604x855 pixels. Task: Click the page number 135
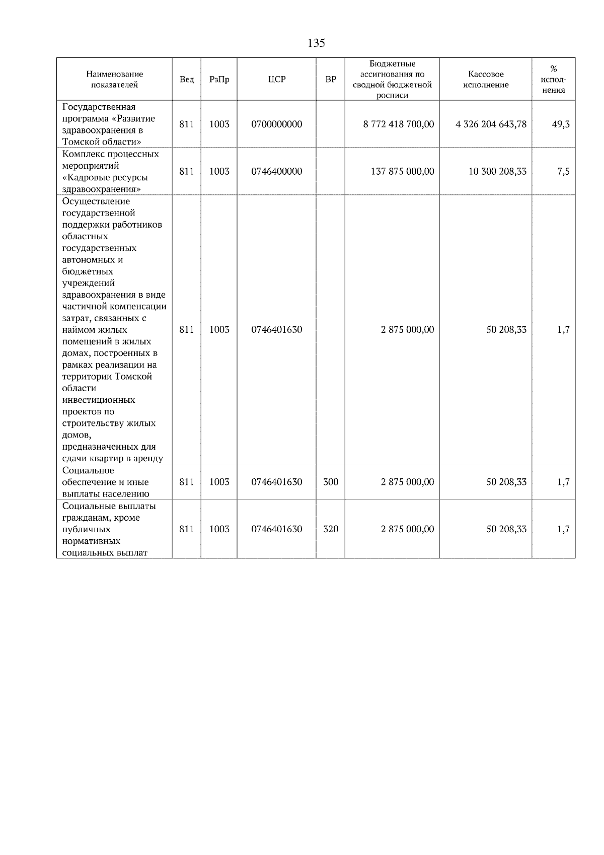point(316,43)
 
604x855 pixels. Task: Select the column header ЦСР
point(276,80)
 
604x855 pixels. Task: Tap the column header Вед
point(187,80)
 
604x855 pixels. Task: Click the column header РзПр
point(219,80)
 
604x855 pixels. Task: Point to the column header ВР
point(331,80)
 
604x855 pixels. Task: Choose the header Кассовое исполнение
point(486,80)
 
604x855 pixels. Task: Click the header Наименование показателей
point(114,80)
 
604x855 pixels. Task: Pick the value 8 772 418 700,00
point(398,124)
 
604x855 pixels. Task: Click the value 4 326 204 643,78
point(491,124)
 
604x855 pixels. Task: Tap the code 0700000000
point(276,124)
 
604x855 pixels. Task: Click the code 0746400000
point(276,172)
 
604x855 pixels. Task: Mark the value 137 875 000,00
point(402,172)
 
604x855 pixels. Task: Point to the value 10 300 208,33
point(497,172)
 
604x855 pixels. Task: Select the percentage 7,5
point(563,172)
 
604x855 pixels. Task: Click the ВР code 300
point(331,482)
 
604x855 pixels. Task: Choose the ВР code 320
point(331,529)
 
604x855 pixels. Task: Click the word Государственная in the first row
point(99,107)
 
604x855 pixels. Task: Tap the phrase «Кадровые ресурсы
point(105,177)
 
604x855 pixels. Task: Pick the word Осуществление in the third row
point(96,201)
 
